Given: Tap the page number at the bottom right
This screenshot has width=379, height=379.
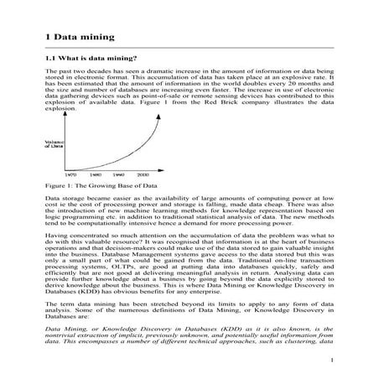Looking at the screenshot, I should (x=332, y=361).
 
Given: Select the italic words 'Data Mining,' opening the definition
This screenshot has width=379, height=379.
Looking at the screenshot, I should (x=69, y=330).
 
